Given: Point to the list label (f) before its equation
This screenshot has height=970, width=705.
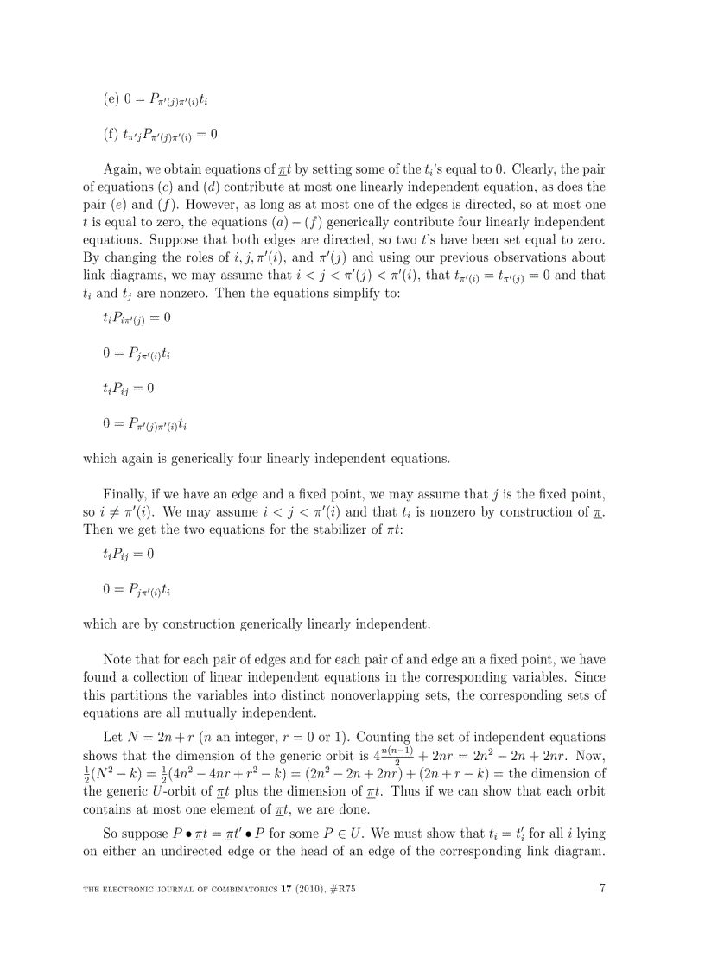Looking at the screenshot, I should click(x=111, y=134).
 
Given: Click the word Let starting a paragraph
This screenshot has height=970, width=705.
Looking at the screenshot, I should click(x=113, y=737).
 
